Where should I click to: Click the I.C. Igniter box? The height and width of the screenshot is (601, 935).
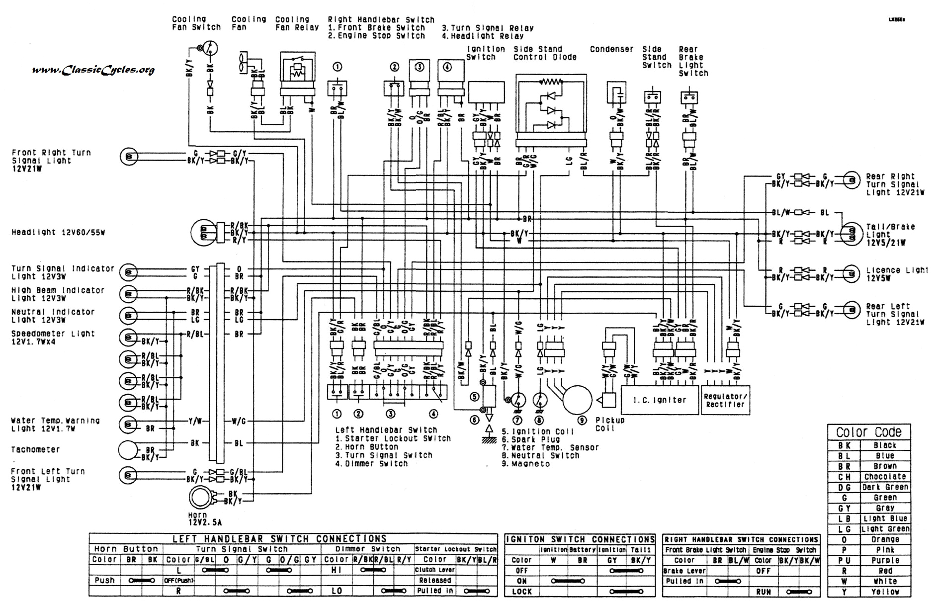(659, 400)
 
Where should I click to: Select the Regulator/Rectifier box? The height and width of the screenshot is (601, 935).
(725, 400)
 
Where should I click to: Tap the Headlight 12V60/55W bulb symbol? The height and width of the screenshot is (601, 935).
(204, 233)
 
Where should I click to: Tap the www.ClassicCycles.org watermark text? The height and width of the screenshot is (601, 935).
(93, 70)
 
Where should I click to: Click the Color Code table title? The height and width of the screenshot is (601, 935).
(868, 432)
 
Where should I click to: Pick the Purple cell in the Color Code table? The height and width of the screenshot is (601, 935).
(885, 560)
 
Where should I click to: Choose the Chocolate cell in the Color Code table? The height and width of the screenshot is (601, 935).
(885, 477)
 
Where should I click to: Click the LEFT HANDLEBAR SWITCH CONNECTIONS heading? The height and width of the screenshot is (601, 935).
(279, 539)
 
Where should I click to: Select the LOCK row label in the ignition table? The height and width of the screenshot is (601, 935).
(521, 592)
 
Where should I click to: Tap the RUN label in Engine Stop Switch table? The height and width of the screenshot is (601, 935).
(764, 592)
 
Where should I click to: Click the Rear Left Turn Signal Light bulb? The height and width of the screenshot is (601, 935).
(851, 310)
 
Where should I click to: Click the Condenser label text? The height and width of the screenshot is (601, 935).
(611, 49)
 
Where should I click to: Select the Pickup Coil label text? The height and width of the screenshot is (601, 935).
(609, 424)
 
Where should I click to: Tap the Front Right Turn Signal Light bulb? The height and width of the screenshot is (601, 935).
(129, 157)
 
